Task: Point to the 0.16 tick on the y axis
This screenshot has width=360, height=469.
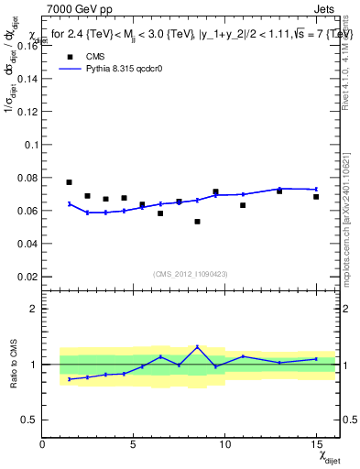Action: click(28, 46)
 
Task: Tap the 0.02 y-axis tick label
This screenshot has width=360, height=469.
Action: click(28, 277)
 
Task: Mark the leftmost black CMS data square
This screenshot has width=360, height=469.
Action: click(69, 182)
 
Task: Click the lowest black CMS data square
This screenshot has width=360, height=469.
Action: click(197, 222)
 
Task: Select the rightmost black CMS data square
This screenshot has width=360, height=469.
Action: click(316, 197)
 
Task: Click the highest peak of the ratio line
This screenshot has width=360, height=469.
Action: click(197, 346)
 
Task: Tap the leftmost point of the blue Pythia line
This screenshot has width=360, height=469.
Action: click(69, 203)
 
